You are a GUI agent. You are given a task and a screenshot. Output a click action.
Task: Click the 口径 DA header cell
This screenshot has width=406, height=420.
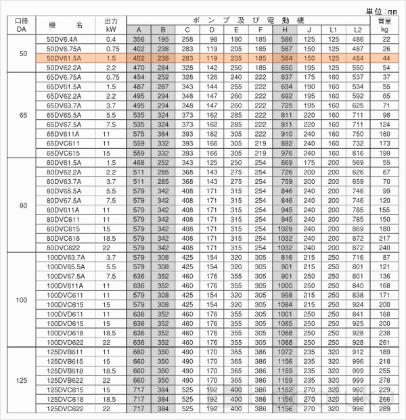[x=22, y=25]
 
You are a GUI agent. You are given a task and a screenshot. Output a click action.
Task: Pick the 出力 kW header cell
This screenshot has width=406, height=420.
[x=112, y=25]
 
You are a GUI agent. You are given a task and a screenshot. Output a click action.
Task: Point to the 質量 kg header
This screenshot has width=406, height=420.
[x=385, y=25]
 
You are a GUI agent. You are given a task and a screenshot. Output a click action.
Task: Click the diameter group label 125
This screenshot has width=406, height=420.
[x=22, y=380]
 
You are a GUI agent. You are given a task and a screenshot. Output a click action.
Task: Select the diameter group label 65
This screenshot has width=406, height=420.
[x=22, y=115]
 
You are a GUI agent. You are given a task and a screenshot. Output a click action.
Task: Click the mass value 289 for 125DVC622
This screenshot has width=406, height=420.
[x=385, y=409]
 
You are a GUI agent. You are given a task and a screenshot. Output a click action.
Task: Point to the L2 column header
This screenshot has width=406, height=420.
[x=358, y=30]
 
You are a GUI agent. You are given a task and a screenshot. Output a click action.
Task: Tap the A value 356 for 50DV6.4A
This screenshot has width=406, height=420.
[x=139, y=40]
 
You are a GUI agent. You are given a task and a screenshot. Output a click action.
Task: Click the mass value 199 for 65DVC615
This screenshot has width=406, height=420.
[x=385, y=153]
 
